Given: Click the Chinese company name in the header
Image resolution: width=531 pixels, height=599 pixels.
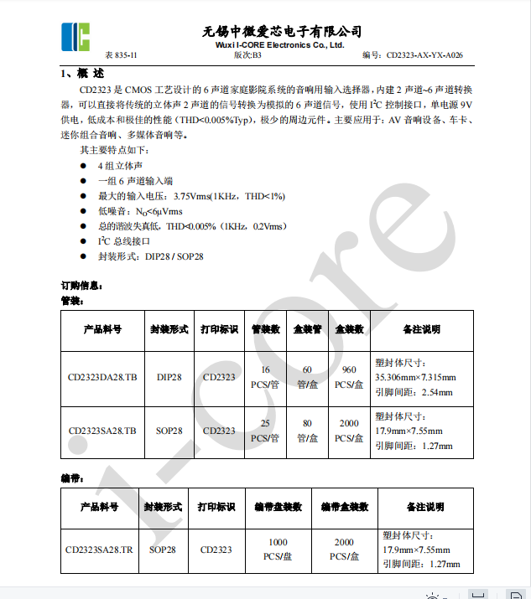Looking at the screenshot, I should coord(282,31).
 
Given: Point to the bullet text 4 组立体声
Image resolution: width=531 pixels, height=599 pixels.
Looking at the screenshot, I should coord(120,167).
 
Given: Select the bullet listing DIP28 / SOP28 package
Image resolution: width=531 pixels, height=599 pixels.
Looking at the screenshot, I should coord(151,256).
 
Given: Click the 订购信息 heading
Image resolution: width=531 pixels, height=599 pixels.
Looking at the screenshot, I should coord(82,286).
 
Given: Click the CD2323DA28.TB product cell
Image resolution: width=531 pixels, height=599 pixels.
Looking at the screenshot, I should coord(102,378).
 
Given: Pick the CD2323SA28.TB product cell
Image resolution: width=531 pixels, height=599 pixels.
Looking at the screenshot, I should coord(102,431).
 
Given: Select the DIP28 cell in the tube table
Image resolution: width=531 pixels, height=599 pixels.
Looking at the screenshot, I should coord(169,378).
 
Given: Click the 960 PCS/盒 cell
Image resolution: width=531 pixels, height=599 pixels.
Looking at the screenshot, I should coord(350,378).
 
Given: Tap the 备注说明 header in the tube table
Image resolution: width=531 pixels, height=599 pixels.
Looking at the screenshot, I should coord(421,329).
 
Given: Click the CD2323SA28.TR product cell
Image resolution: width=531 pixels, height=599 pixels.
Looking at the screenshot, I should coord(99,550).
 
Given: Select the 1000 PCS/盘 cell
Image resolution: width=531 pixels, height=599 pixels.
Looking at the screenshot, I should coord(278,550).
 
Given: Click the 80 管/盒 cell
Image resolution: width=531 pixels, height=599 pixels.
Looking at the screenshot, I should coord(307,431).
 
